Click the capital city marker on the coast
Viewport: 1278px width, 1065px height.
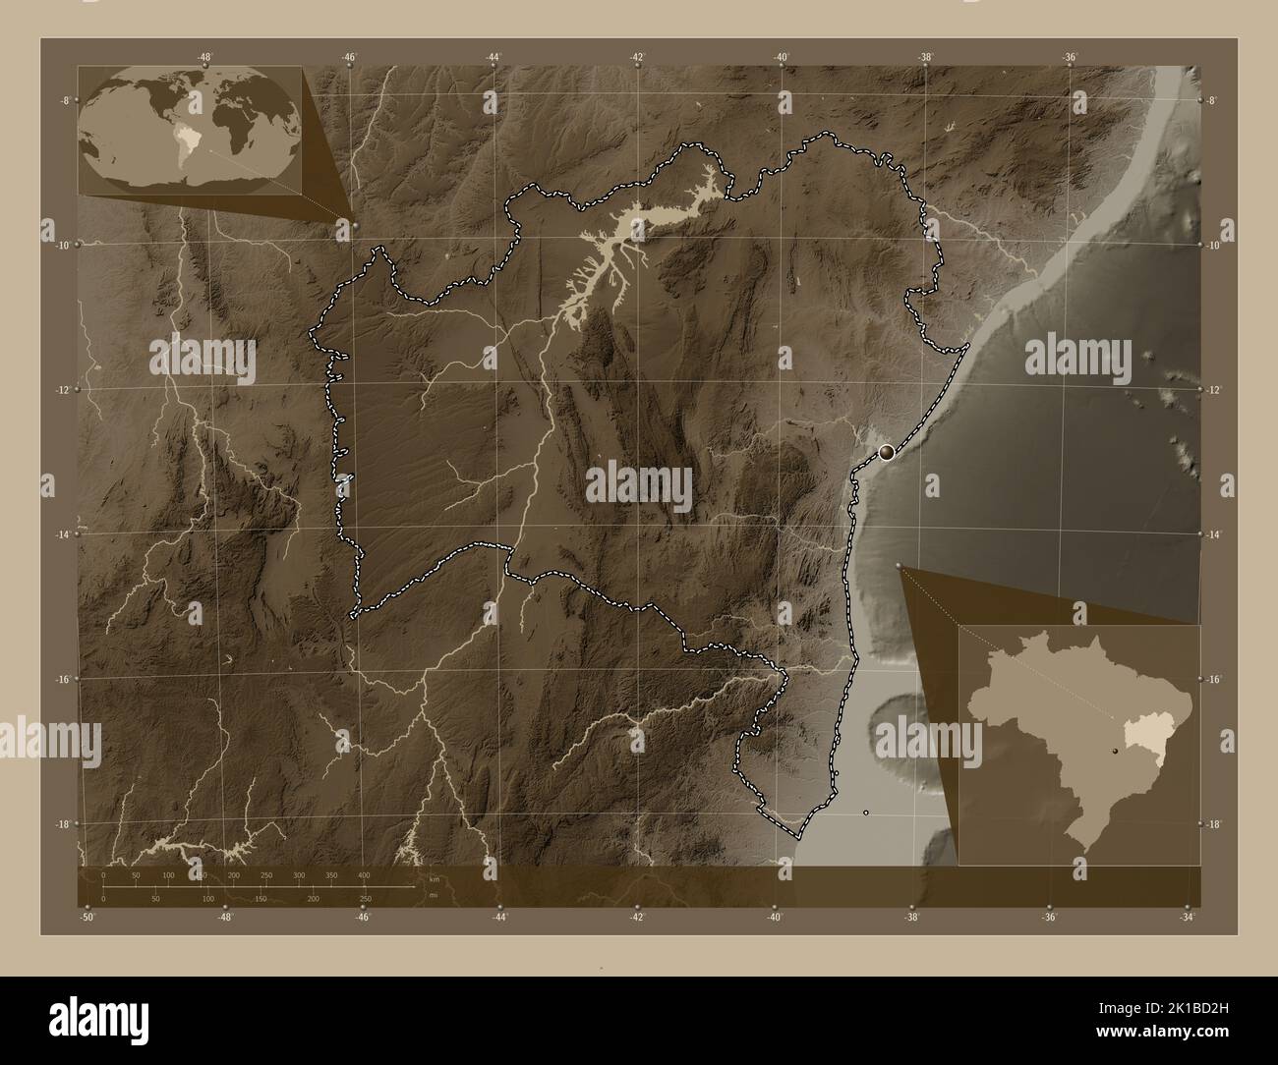point(888,452)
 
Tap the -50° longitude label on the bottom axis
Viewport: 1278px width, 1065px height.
point(88,918)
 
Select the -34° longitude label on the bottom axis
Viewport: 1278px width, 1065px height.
point(1188,918)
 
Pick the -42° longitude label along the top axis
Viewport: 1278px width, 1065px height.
point(637,57)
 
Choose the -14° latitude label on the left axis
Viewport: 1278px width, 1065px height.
point(64,534)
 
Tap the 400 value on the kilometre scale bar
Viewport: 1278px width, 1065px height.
point(364,874)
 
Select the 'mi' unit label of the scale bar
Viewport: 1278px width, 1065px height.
point(434,897)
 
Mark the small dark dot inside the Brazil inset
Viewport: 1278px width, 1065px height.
point(1115,752)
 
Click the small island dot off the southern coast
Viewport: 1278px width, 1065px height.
point(865,813)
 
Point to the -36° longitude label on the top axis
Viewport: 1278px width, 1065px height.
point(1070,57)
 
